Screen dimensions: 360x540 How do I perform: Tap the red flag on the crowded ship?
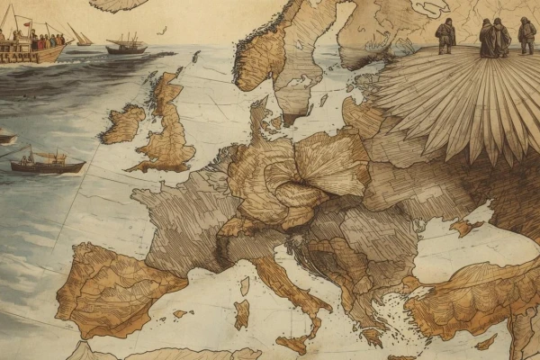pyautogui.click(x=26, y=23)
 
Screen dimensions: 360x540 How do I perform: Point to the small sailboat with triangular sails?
pyautogui.click(x=80, y=38)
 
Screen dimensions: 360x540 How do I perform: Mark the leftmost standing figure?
pyautogui.click(x=445, y=36)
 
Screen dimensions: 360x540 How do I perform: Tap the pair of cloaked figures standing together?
pyautogui.click(x=493, y=38)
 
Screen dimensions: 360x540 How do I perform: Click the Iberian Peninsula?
pyautogui.click(x=112, y=288)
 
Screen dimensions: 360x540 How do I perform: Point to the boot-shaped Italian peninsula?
pyautogui.click(x=288, y=288)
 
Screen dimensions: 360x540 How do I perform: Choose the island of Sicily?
pyautogui.click(x=293, y=343)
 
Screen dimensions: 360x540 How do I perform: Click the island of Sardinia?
pyautogui.click(x=241, y=313)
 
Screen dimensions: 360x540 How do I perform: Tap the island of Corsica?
pyautogui.click(x=244, y=284)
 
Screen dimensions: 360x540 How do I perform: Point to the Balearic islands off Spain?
pyautogui.click(x=184, y=314)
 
